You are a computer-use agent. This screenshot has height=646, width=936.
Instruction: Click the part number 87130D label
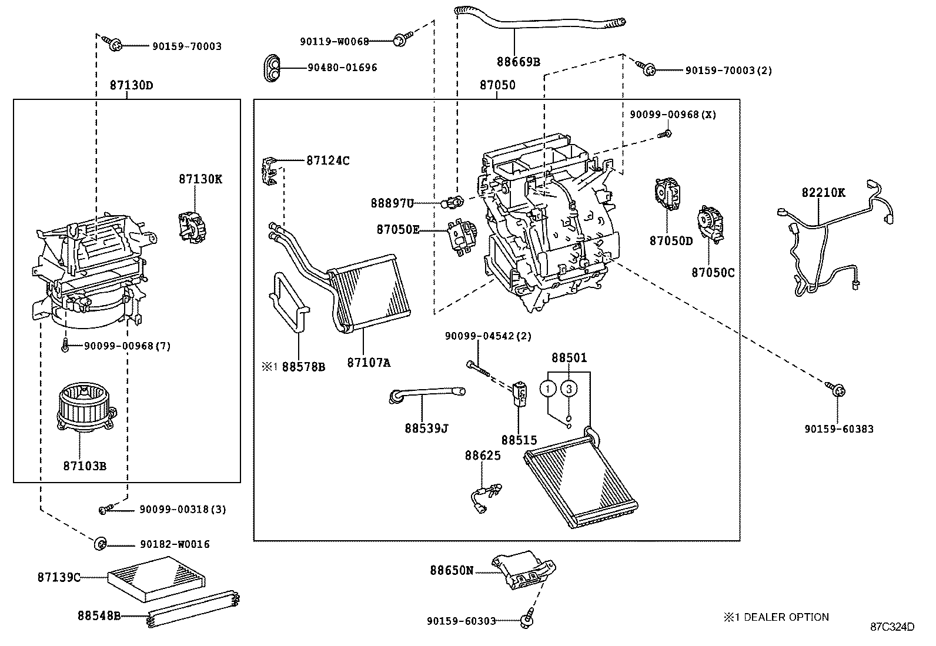coord(131,85)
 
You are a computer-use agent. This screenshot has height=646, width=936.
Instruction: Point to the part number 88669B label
coord(517,61)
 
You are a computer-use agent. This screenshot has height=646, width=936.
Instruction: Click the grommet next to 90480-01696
coord(272,67)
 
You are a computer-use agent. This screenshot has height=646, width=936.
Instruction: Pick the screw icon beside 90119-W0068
coord(402,41)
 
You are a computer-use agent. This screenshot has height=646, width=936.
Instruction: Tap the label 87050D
coord(671,241)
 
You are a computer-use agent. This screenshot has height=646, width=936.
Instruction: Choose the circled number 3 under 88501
coord(569,389)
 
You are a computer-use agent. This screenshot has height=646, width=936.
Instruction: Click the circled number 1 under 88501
coord(548,389)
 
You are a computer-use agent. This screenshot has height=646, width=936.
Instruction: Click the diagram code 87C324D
coord(892,627)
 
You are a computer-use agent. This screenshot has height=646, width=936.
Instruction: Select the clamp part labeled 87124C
coord(269,170)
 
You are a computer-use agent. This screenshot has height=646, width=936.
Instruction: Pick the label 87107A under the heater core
coord(368,363)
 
